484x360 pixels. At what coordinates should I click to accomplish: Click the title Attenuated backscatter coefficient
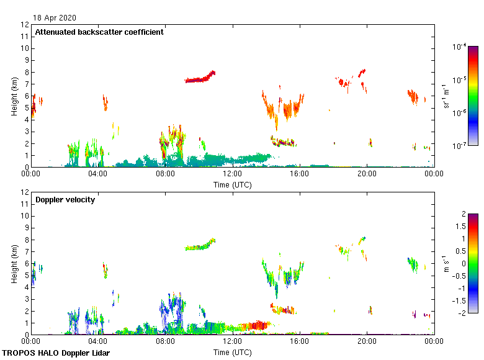point(99,32)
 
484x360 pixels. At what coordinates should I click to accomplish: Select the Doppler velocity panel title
point(65,200)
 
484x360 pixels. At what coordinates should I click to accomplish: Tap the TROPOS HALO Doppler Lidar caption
point(60,353)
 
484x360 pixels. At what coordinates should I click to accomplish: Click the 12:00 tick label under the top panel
point(232,174)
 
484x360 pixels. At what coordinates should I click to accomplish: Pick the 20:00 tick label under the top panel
point(367,174)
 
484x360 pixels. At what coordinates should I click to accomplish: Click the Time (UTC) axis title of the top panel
point(232,184)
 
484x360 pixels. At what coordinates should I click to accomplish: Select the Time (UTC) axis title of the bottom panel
point(232,352)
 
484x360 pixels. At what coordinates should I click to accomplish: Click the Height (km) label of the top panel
point(14,96)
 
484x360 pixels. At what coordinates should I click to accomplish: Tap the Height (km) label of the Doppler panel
point(14,263)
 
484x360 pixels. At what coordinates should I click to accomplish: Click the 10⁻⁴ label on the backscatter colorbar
point(460,47)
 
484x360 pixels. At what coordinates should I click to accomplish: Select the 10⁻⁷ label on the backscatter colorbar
point(460,145)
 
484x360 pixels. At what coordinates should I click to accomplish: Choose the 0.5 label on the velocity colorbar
point(458,251)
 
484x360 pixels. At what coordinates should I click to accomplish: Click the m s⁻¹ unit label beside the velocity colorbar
point(445,263)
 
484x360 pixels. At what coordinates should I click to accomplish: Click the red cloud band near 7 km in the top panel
point(200,79)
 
